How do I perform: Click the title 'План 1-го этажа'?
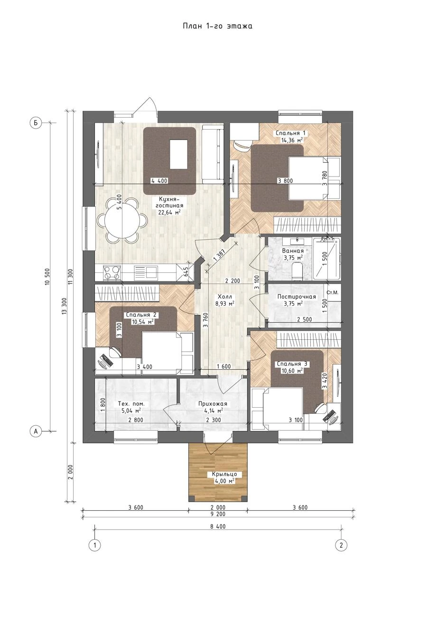[x=217, y=26]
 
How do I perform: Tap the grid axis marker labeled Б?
[x=35, y=123]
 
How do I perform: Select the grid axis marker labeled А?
[x=35, y=431]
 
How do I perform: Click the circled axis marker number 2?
[x=341, y=545]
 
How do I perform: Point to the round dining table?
[x=122, y=220]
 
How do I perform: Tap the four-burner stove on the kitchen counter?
[x=111, y=273]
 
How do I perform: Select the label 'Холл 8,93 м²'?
[x=225, y=300]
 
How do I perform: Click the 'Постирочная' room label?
[x=297, y=297]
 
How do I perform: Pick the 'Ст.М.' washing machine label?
[x=332, y=292]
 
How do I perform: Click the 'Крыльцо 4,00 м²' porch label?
[x=224, y=477]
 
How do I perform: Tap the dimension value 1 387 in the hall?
[x=219, y=255]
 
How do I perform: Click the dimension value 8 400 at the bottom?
[x=218, y=526]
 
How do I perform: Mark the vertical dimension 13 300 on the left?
[x=64, y=306]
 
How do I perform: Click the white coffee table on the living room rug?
[x=179, y=154]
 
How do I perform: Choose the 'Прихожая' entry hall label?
[x=213, y=404]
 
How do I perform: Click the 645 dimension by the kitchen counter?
[x=186, y=272]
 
